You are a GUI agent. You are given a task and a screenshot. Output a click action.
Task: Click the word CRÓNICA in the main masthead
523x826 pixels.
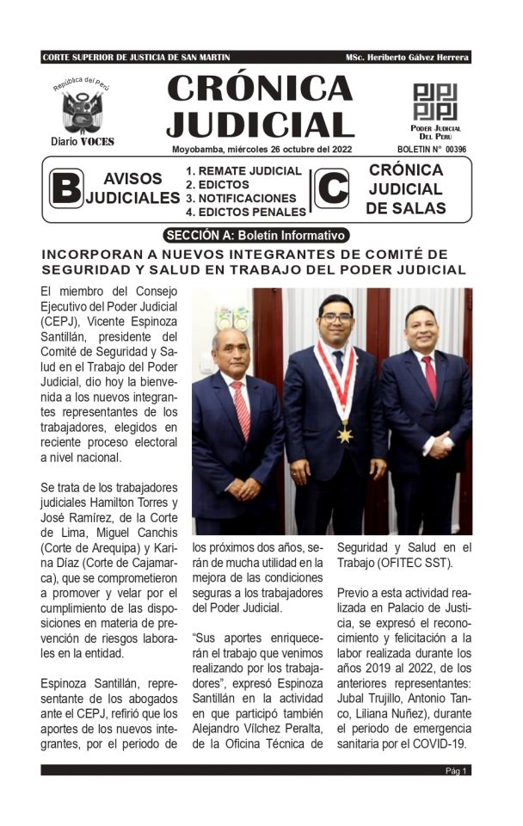pyautogui.click(x=260, y=88)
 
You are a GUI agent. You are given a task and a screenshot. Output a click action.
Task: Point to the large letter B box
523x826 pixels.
pyautogui.click(x=65, y=188)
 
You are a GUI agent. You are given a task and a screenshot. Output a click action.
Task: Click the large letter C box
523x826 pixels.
pyautogui.click(x=331, y=188)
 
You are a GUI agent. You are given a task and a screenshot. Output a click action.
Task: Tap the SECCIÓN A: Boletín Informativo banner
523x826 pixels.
pyautogui.click(x=256, y=235)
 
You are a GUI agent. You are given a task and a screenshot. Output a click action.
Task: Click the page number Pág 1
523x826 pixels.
pyautogui.click(x=456, y=771)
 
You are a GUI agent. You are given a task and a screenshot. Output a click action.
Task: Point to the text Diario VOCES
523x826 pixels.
pyautogui.click(x=82, y=141)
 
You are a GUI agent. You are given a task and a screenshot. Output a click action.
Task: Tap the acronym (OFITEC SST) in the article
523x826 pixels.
pyautogui.click(x=403, y=564)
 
